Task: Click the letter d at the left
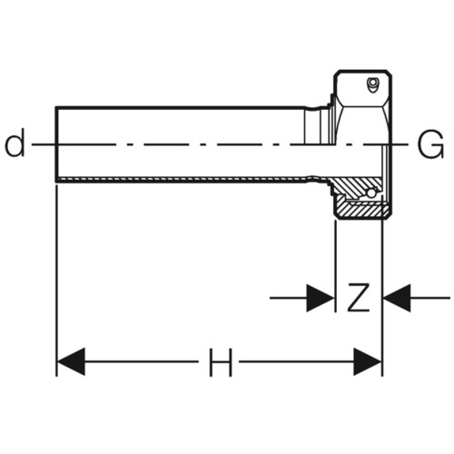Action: point(15,143)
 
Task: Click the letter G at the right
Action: point(430,144)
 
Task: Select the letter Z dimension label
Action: point(359,298)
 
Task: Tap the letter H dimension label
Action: point(221,362)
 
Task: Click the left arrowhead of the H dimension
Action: point(71,361)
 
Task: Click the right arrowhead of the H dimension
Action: point(368,361)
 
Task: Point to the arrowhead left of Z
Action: point(321,298)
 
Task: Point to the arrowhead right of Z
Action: point(397,298)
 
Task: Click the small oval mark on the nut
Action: point(372,84)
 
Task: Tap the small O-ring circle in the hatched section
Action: point(371,192)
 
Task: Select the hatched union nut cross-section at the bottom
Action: point(361,210)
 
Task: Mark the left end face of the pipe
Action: point(56,144)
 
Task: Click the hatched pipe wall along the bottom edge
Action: point(182,179)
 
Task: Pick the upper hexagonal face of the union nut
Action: point(362,88)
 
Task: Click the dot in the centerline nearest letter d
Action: point(129,144)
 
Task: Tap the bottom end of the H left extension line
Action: point(56,376)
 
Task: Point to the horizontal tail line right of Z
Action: point(430,298)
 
